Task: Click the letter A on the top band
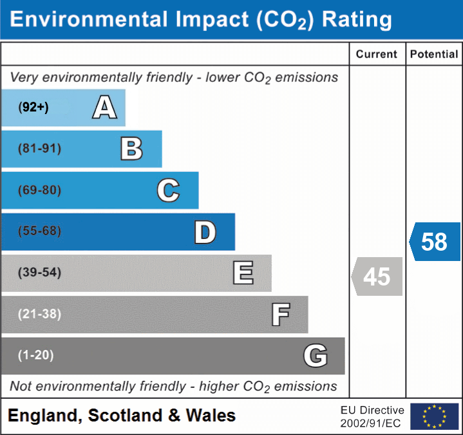[104, 107]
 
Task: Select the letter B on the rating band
[131, 149]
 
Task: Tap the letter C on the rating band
[168, 191]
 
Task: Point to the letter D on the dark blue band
[205, 232]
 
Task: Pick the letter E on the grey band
[243, 273]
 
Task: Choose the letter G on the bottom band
[316, 356]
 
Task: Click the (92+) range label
[33, 108]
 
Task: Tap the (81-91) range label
[40, 149]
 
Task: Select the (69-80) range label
[40, 191]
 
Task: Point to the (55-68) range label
[40, 231]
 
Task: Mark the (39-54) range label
[40, 273]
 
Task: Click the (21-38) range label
[40, 314]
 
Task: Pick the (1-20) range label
[36, 355]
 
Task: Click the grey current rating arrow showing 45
[377, 276]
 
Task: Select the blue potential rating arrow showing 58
[435, 242]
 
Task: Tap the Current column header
[377, 55]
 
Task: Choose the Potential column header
[434, 55]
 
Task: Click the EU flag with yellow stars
[434, 416]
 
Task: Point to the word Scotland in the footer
[126, 416]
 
